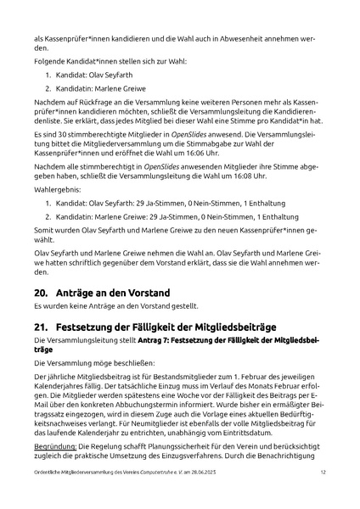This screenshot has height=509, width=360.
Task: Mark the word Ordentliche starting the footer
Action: click(51, 495)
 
